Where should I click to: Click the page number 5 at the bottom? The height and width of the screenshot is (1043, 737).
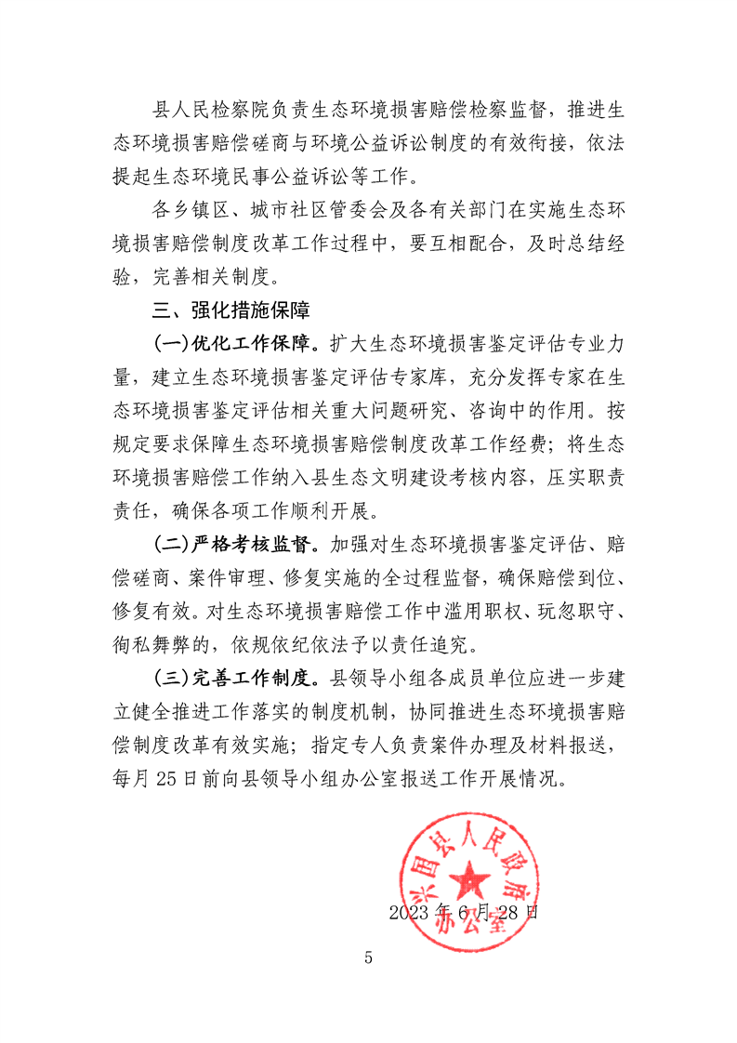tap(368, 957)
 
